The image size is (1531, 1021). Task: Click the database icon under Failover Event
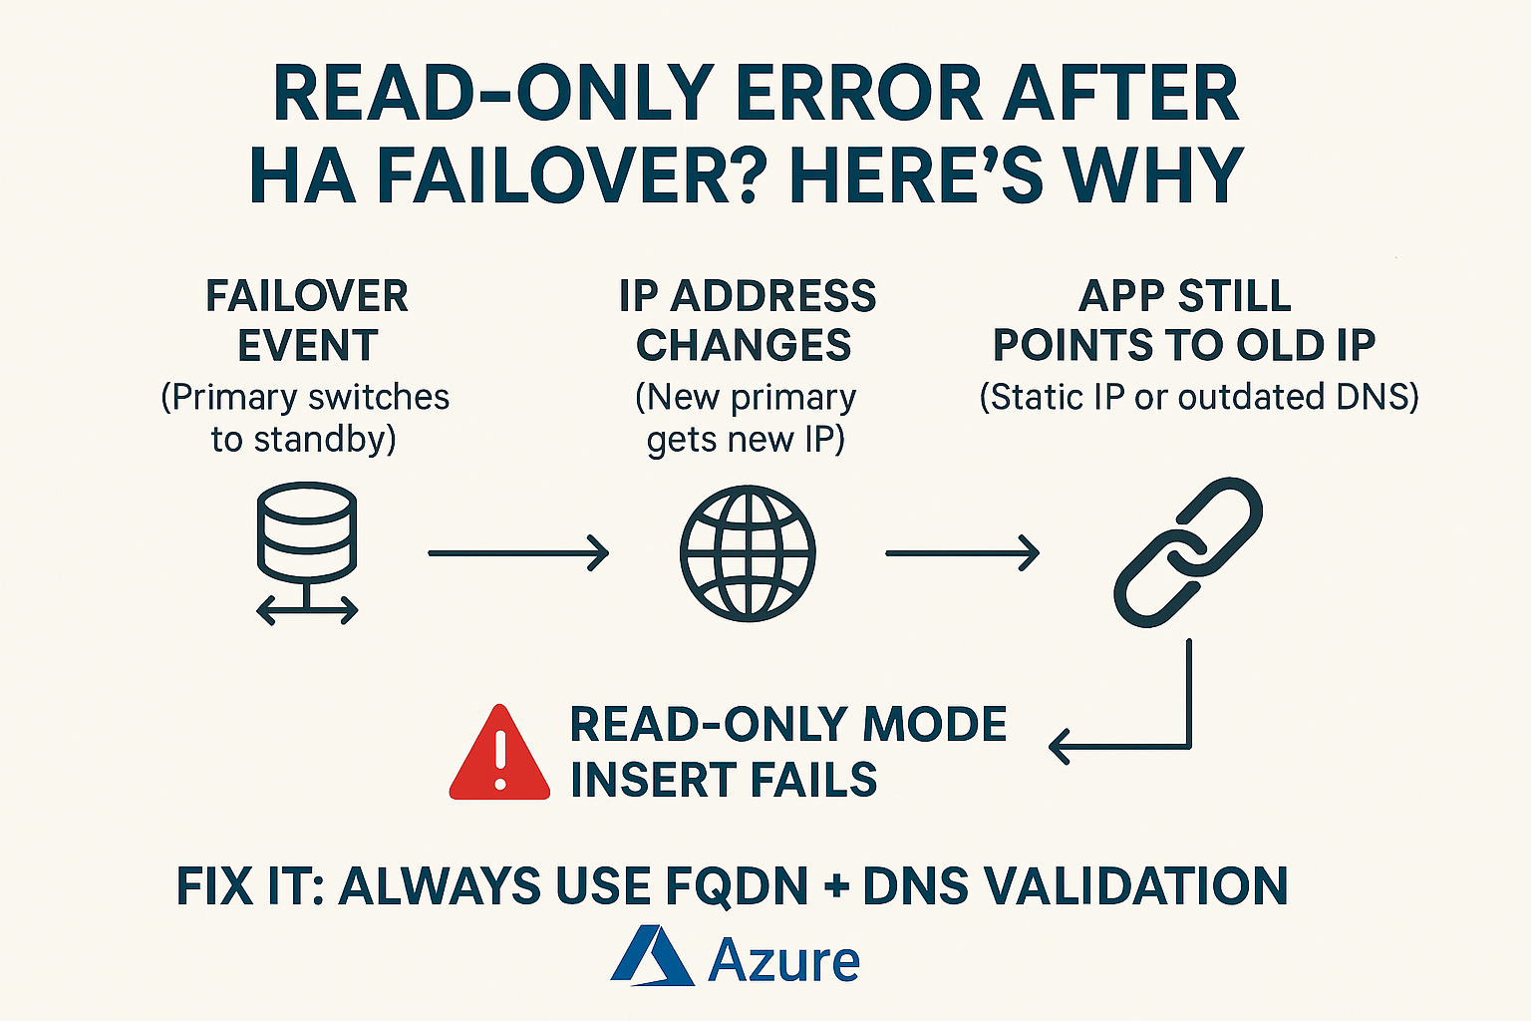(x=307, y=553)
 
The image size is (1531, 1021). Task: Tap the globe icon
(x=748, y=553)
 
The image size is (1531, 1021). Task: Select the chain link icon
(x=1188, y=552)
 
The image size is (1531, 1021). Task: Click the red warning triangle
(x=499, y=752)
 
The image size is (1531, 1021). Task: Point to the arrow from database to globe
(x=518, y=552)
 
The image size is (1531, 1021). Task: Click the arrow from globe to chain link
(x=962, y=552)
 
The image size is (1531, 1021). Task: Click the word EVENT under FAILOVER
(x=308, y=345)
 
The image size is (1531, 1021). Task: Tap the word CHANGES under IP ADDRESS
(x=744, y=345)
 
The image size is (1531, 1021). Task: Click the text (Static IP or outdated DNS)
(x=1199, y=397)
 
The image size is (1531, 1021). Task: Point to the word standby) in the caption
(x=325, y=439)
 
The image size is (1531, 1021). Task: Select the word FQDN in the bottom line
(x=737, y=886)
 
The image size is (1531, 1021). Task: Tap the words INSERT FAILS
(x=724, y=780)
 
